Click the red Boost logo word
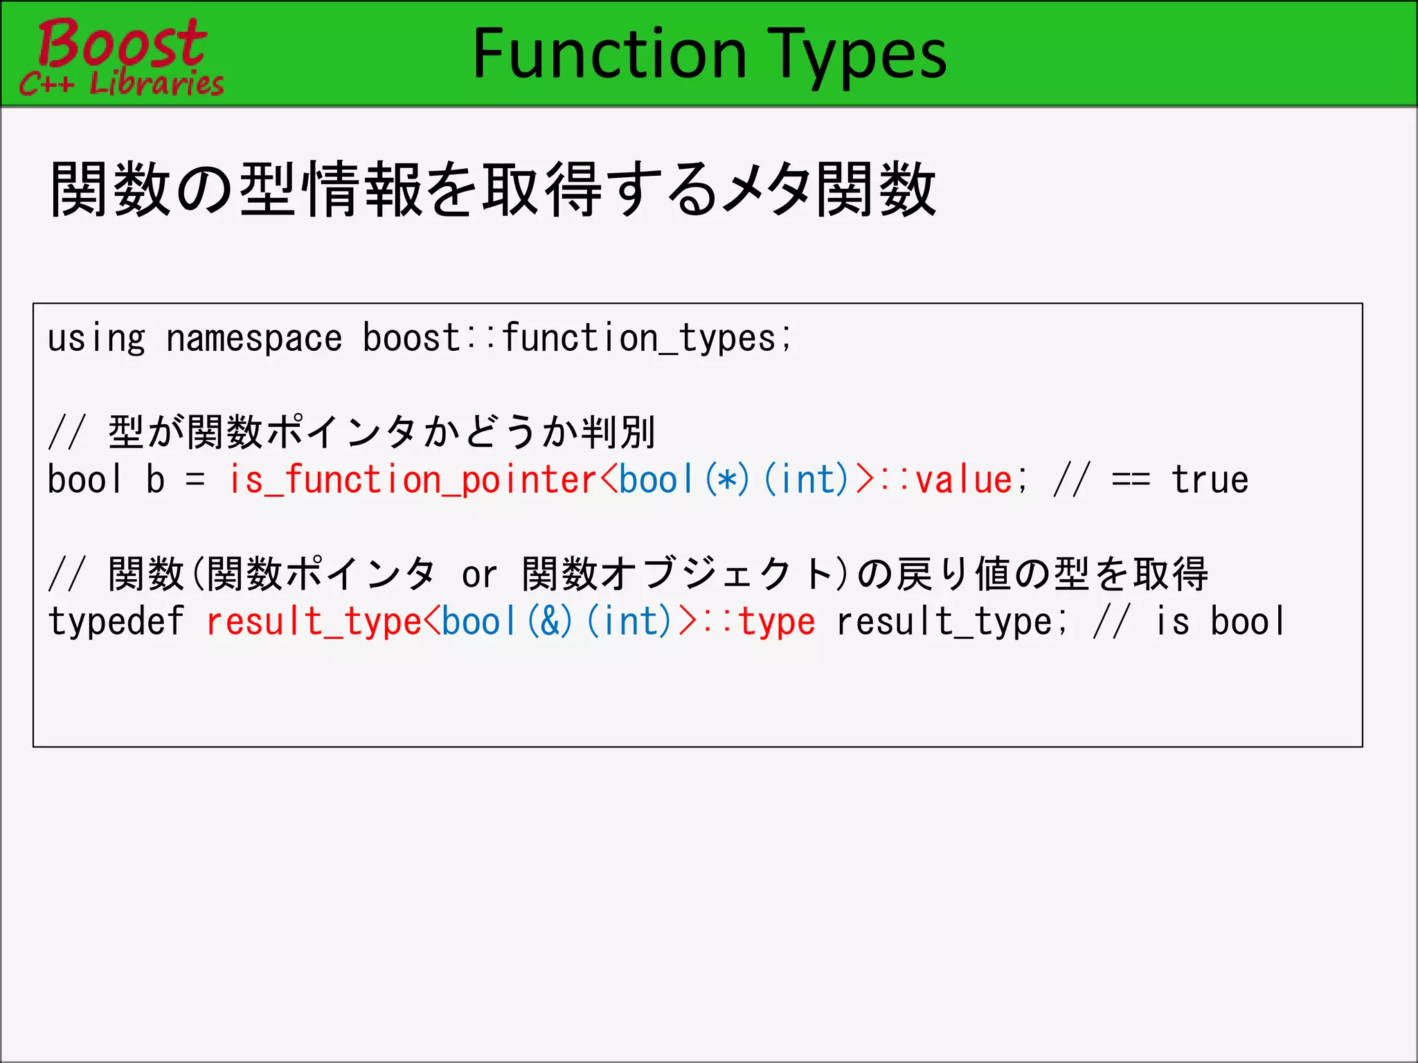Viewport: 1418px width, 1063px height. coord(122,43)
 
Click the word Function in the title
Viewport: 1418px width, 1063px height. coord(609,54)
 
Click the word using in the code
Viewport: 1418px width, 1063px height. coord(96,339)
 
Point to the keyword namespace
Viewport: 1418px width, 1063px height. coord(254,339)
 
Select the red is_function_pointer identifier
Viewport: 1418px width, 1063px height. coord(413,480)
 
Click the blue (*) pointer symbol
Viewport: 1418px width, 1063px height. coord(727,480)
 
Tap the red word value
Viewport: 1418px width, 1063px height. coord(964,480)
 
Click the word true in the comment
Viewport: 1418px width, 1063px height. coord(1210,480)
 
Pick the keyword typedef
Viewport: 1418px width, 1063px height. coord(116,621)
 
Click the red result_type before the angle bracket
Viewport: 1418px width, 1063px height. coord(314,621)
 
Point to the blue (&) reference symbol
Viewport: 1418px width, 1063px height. coord(550,621)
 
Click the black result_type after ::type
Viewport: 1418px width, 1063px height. coord(944,621)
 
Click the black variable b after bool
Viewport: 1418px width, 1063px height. coord(156,480)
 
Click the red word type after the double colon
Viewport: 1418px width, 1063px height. coord(777,621)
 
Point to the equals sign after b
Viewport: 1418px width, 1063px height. coord(196,480)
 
